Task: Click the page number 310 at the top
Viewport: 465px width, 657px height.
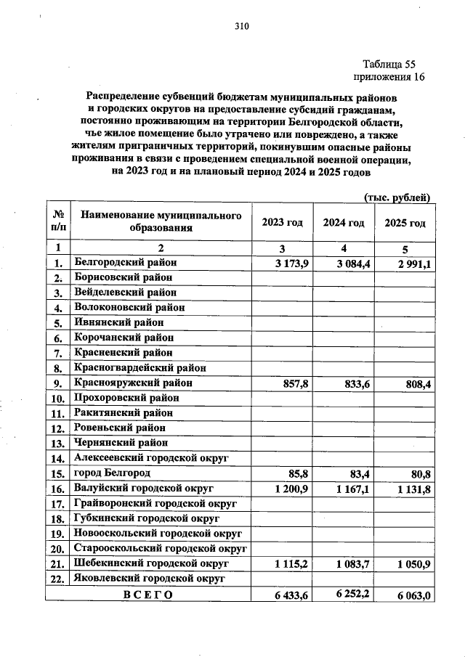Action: point(241,27)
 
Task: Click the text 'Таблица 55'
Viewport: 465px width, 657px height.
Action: point(388,63)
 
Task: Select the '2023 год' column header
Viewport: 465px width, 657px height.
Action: point(282,222)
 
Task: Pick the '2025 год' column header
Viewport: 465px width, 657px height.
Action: point(405,222)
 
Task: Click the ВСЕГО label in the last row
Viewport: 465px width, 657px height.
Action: point(147,595)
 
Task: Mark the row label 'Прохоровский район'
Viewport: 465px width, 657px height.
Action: point(126,398)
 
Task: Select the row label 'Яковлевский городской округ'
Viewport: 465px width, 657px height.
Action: point(149,579)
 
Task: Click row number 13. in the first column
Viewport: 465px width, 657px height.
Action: point(57,443)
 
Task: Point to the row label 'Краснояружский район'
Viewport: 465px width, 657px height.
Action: point(133,382)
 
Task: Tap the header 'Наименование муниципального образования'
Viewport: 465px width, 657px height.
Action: point(161,222)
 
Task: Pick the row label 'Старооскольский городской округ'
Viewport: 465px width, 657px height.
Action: point(161,549)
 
